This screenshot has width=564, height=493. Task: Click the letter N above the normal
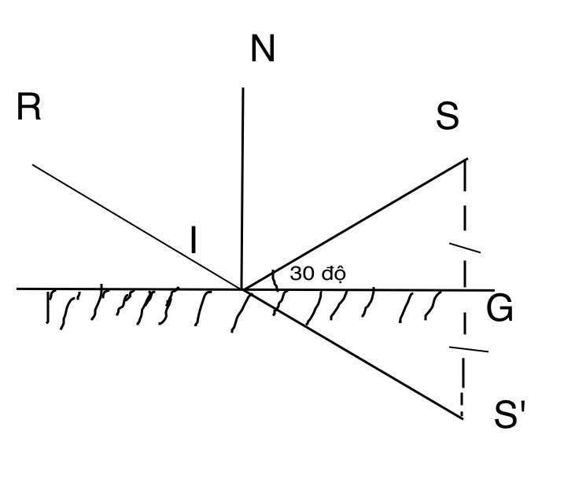[x=263, y=48]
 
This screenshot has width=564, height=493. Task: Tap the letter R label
[x=29, y=107]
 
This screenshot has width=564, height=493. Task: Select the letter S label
[x=448, y=116]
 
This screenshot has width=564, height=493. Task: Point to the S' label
[x=510, y=414]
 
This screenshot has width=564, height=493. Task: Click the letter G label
[x=499, y=308]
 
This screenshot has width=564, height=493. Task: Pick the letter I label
[x=194, y=240]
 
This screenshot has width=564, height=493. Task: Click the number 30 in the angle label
[x=302, y=274]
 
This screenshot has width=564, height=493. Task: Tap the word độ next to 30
[x=334, y=274]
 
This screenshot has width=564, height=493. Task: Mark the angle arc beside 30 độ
[x=275, y=280]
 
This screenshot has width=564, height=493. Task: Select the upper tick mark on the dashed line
[x=465, y=248]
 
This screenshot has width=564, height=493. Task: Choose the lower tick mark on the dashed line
[x=469, y=349]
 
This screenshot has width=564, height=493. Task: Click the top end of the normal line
[x=243, y=87]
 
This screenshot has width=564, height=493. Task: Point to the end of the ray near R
[x=33, y=164]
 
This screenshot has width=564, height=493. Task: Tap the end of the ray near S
[x=467, y=158]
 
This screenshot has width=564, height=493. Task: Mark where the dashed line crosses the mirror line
[x=465, y=289]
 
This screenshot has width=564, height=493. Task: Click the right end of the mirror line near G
[x=495, y=290]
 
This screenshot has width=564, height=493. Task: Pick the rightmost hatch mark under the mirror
[x=433, y=305]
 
